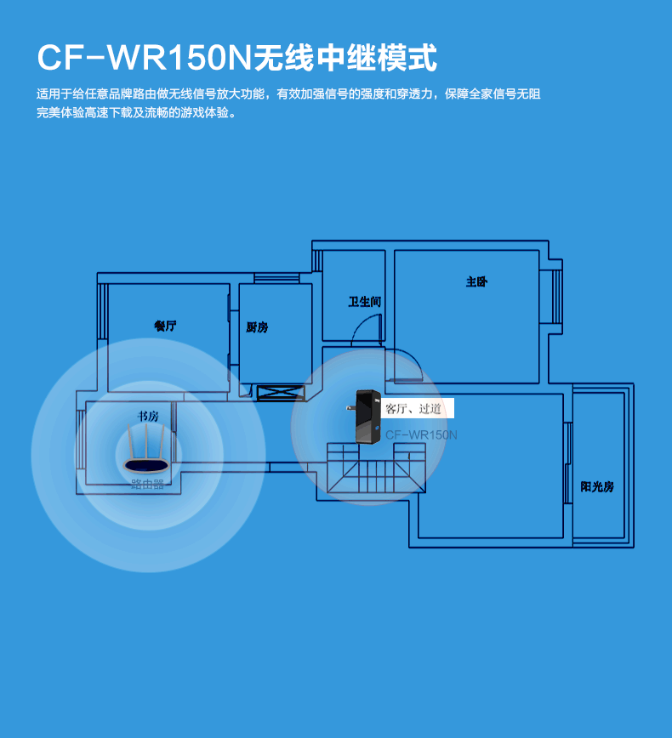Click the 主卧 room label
coord(476,281)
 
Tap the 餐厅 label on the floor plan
coord(165,326)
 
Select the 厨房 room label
coord(257,327)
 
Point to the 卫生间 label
coord(364,302)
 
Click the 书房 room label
coord(148,416)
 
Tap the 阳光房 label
coord(597,486)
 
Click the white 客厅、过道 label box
coord(417,409)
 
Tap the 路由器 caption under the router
coord(147,484)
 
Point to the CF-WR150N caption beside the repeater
coord(421,434)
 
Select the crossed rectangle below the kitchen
coord(280,393)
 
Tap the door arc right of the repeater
coord(407,366)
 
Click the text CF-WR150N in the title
coord(140,58)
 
